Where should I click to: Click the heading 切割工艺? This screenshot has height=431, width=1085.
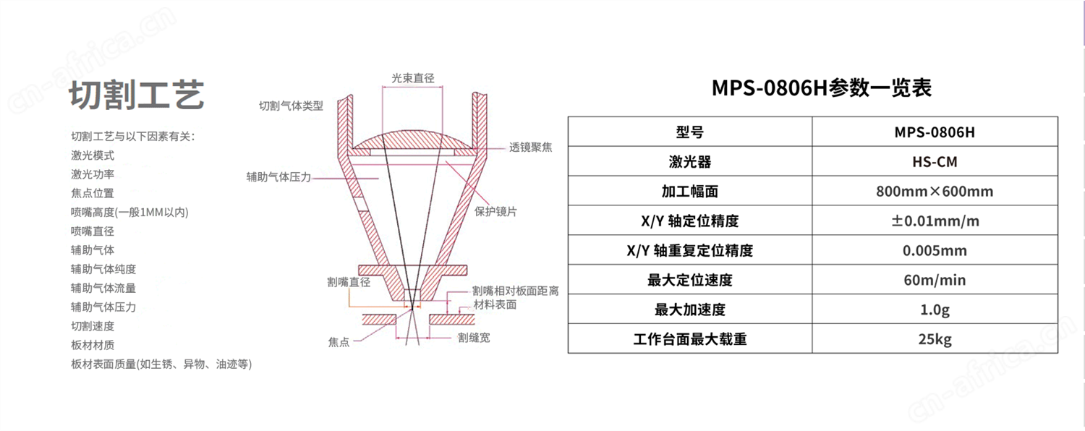(x=137, y=95)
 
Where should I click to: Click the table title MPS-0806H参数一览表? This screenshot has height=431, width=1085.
(x=822, y=88)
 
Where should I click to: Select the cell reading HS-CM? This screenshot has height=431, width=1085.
(x=935, y=161)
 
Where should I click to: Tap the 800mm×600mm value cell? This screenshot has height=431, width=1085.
(x=935, y=191)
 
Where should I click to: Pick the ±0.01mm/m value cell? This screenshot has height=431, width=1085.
(x=935, y=221)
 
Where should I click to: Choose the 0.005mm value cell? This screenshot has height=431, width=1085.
(x=935, y=250)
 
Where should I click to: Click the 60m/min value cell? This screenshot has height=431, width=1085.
(x=935, y=279)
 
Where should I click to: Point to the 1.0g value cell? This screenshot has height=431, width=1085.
(x=935, y=309)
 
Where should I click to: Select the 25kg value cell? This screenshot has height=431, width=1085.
(x=935, y=338)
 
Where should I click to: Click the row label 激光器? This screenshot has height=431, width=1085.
(x=690, y=161)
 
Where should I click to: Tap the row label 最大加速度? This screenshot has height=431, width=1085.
(x=690, y=310)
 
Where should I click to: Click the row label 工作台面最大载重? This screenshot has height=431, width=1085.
(x=690, y=339)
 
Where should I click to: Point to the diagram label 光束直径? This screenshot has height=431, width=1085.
(x=413, y=78)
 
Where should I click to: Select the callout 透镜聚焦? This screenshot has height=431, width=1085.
(x=530, y=148)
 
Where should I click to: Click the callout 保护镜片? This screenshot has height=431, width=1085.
(x=495, y=212)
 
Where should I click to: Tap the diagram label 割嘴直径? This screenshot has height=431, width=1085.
(x=349, y=282)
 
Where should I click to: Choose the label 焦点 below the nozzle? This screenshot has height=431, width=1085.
(x=339, y=342)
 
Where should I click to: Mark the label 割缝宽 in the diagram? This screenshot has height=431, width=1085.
(x=474, y=338)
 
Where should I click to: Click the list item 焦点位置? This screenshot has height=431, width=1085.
(x=93, y=193)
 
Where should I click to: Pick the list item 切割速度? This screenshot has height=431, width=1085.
(x=93, y=326)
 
